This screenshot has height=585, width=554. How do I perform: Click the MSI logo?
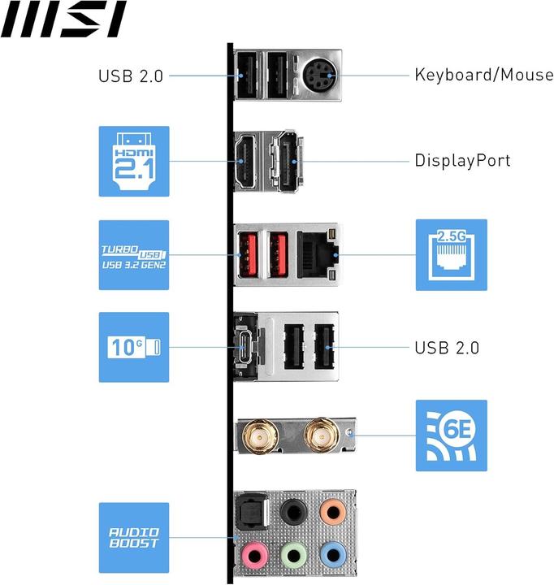pos(63,19)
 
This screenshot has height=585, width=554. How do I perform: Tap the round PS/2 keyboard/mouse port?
pos(318,77)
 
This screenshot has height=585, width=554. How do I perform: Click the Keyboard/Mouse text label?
pos(484,76)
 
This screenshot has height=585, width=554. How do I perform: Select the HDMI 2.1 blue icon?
pos(134,161)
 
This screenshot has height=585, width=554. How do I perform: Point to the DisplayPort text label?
pos(462,160)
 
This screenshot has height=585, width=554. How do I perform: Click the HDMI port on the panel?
pos(246,162)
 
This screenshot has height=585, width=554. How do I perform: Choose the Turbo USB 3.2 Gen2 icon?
pos(134,254)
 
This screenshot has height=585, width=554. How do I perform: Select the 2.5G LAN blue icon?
pos(451,254)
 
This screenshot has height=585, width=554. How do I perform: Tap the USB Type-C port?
pos(246,347)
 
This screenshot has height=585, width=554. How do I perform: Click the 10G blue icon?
pos(134,347)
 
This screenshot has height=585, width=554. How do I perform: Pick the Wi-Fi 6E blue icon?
pos(451,435)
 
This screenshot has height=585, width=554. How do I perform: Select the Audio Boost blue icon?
pos(134,537)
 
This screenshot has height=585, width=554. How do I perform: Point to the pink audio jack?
pos(254,555)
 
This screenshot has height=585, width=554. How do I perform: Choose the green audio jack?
pos(293,555)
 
